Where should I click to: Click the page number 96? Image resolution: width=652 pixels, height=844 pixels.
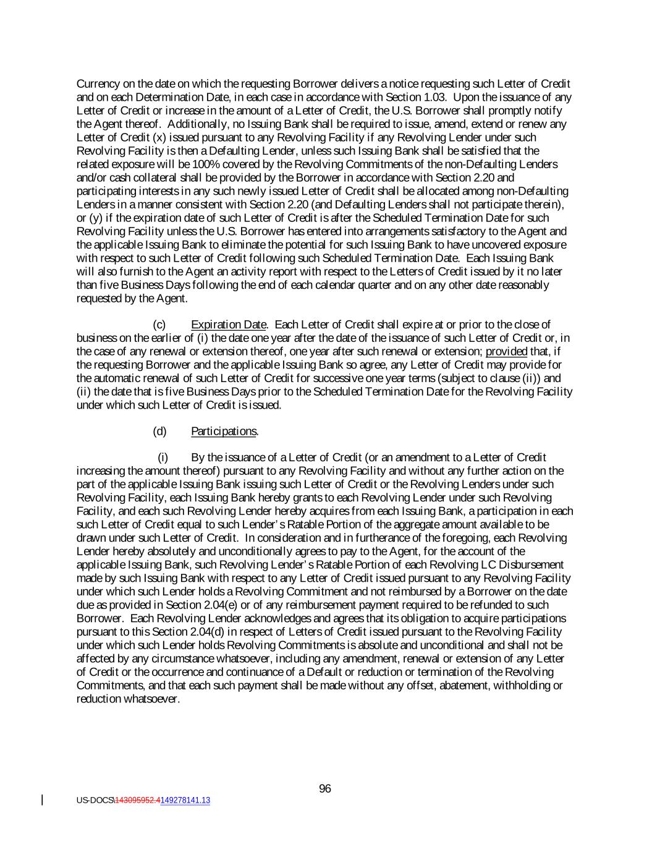[x=325, y=788]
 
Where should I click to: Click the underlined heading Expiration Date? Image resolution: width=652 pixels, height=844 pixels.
[x=228, y=325]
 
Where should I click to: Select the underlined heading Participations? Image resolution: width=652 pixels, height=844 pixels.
[x=224, y=431]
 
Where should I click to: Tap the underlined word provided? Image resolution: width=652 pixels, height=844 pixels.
[x=506, y=352]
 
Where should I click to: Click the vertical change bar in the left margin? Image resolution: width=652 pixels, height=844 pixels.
[x=42, y=800]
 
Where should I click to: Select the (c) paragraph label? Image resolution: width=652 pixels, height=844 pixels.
[x=159, y=325]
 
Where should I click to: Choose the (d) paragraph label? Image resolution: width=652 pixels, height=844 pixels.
[x=159, y=431]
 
